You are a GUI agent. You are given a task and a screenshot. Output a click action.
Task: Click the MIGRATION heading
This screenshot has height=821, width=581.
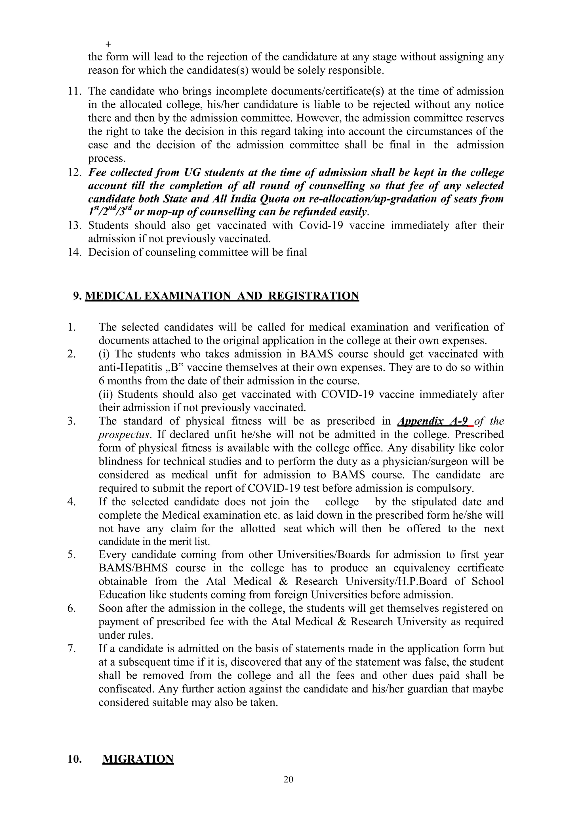click(138, 759)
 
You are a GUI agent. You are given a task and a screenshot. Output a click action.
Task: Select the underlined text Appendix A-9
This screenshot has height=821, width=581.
click(433, 421)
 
